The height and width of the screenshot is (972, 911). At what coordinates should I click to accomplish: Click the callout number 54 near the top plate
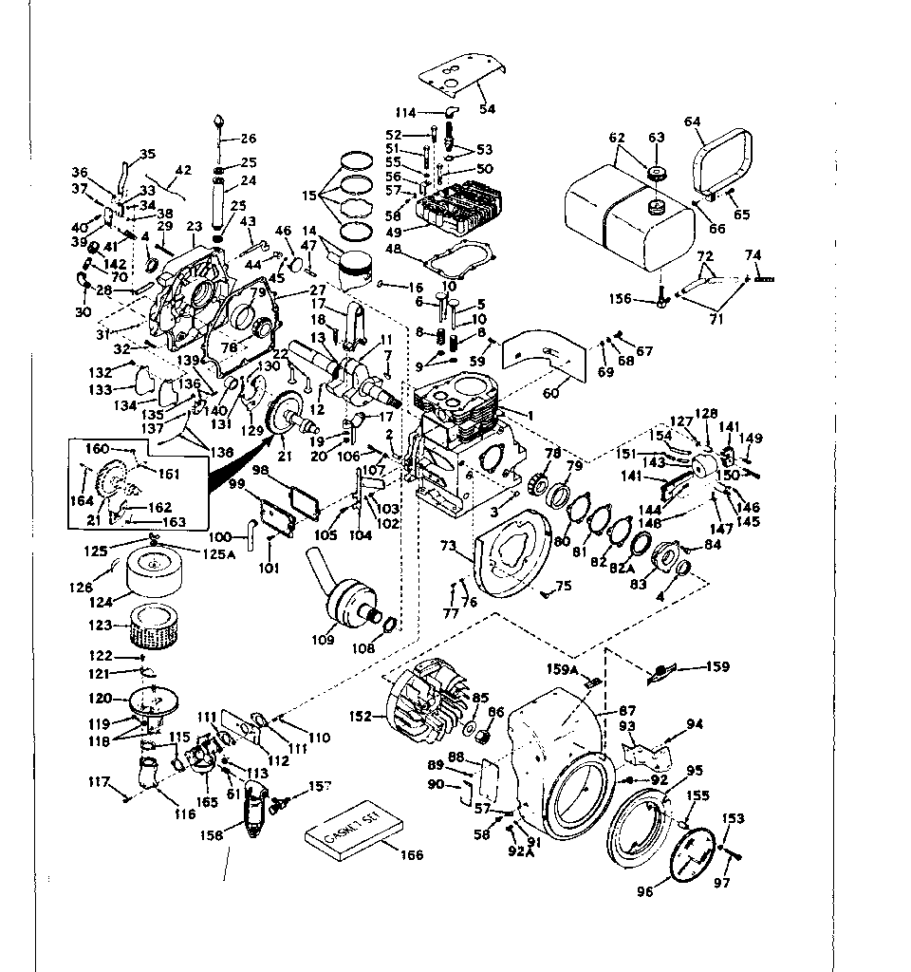coord(487,109)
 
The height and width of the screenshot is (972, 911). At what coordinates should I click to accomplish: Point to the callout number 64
coord(692,121)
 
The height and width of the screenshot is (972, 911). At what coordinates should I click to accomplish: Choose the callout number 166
coord(411,855)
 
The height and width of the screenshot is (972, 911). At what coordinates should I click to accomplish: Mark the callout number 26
coord(248,139)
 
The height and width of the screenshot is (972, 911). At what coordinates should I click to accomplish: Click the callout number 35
coord(147,154)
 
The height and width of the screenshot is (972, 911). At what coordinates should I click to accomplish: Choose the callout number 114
coord(406,109)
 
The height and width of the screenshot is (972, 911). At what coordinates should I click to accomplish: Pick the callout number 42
coord(183,171)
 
